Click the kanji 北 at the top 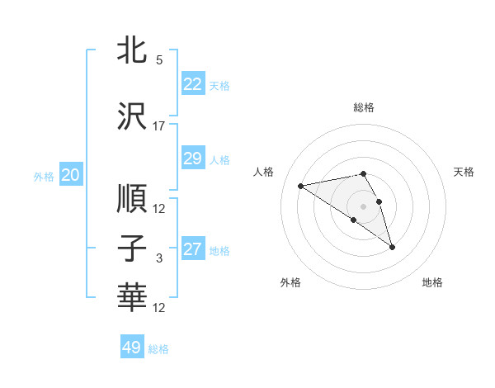click(133, 50)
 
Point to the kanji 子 click(133, 249)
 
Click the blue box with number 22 click(192, 83)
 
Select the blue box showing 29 click(192, 159)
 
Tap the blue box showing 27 click(192, 249)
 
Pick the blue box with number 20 click(70, 174)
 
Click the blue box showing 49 click(131, 348)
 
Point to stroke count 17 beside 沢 click(159, 126)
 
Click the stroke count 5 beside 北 click(159, 60)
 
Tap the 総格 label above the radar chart click(363, 107)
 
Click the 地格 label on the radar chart click(432, 282)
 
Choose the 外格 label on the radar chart click(290, 282)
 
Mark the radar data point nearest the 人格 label click(300, 185)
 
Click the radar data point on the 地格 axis click(392, 247)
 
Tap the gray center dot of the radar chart click(363, 206)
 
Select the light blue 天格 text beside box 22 click(219, 85)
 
